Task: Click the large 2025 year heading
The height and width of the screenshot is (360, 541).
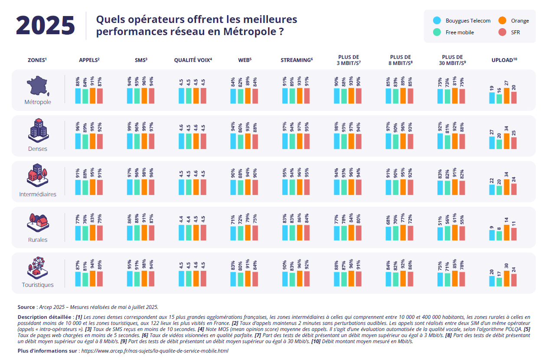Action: (x=45, y=26)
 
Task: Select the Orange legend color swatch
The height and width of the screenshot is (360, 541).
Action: (x=502, y=21)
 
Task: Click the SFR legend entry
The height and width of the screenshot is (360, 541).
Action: (x=515, y=32)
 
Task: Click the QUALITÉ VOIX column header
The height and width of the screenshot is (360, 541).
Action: (x=193, y=60)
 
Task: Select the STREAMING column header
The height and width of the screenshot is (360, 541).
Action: (x=297, y=60)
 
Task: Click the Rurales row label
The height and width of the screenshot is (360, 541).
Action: (x=38, y=240)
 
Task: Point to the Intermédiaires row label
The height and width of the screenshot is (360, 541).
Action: (x=38, y=195)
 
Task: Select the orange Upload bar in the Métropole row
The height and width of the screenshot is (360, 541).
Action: (x=506, y=96)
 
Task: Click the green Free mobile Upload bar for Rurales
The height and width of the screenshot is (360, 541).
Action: (x=499, y=236)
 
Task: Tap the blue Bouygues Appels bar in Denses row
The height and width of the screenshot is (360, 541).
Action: (x=78, y=141)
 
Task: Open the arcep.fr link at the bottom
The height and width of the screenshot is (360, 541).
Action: (x=155, y=350)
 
